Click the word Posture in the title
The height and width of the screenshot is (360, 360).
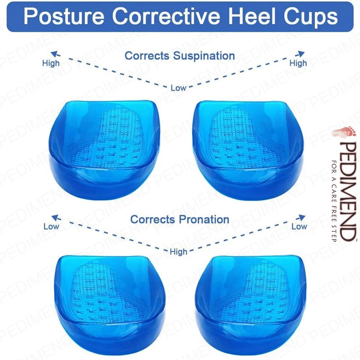coord(64,16)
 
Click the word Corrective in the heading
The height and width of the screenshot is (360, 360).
coord(166,16)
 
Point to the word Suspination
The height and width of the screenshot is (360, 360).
coord(204,56)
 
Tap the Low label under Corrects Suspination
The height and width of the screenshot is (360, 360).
coord(178,88)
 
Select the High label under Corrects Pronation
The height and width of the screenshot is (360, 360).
coord(178,252)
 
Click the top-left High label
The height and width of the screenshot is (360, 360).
coord(51,63)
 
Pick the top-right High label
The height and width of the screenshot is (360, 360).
coord(298,63)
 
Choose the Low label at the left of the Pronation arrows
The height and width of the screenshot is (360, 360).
coord(51,226)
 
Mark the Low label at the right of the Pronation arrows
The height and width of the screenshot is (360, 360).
coord(299,226)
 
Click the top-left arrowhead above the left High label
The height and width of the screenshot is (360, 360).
coord(54,54)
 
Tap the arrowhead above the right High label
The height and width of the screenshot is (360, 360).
coord(301,54)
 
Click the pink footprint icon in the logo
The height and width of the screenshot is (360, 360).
coord(344,132)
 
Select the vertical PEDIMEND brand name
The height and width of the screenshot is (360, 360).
coord(348,191)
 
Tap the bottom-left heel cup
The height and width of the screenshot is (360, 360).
coord(110,305)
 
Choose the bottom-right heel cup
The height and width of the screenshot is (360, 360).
coord(250,305)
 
